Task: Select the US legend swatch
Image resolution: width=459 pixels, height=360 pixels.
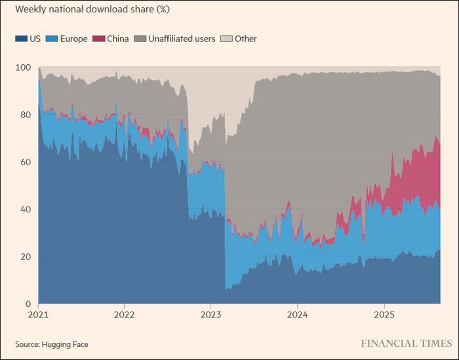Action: (x=20, y=39)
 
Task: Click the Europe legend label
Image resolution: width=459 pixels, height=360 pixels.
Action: (x=74, y=39)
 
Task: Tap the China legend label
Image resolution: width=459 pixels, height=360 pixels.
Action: (x=117, y=39)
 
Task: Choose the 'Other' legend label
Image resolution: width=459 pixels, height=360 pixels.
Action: (x=246, y=39)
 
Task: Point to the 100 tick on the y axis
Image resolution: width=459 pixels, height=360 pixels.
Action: (x=22, y=68)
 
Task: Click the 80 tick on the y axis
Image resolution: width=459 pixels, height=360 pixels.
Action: (x=24, y=115)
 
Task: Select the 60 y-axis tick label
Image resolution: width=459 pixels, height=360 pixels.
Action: (x=24, y=162)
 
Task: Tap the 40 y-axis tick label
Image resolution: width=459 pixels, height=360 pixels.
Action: (x=24, y=209)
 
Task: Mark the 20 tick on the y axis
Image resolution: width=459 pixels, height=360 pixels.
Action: (x=24, y=256)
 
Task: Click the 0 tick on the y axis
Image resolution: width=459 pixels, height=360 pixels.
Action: (x=27, y=304)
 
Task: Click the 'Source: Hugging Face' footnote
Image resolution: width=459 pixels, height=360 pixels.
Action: (x=51, y=344)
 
